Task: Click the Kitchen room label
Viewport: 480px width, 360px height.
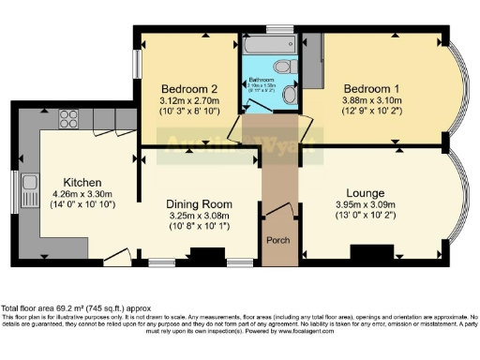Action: click(x=82, y=182)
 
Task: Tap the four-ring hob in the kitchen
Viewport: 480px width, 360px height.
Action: click(x=68, y=118)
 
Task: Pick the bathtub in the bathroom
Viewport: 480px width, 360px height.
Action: click(x=262, y=45)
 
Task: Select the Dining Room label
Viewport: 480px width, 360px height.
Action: click(x=199, y=203)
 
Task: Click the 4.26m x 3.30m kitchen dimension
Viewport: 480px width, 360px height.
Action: click(x=82, y=195)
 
